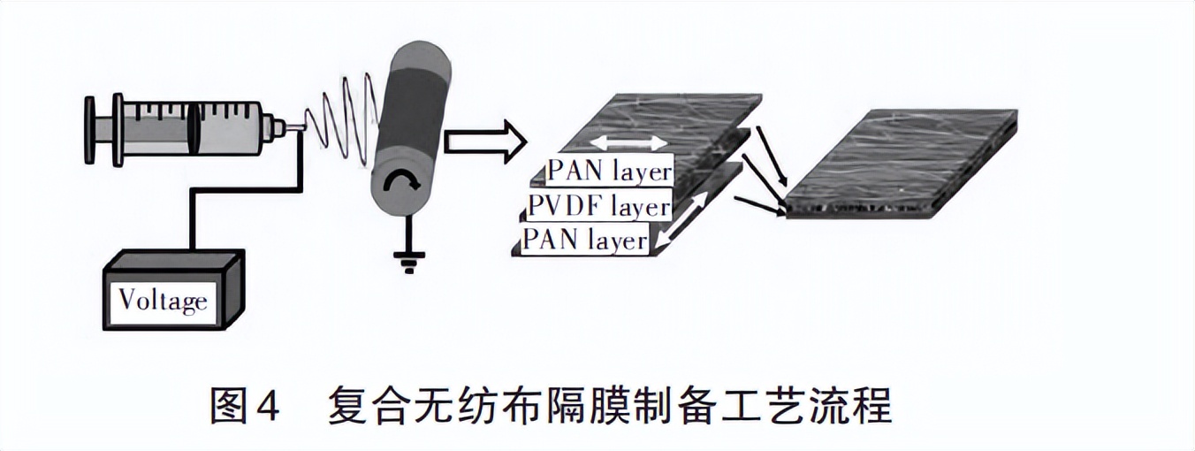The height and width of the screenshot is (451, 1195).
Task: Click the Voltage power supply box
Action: click(x=171, y=292)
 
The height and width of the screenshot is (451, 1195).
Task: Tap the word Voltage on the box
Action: click(x=164, y=301)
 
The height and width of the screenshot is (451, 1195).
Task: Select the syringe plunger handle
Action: click(x=90, y=130)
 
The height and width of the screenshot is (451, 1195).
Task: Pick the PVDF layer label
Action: click(x=597, y=206)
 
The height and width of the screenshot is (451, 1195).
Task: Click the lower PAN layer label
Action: click(x=585, y=239)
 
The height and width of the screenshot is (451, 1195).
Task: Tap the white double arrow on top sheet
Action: click(x=628, y=141)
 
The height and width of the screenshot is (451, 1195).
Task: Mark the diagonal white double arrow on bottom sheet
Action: click(x=686, y=222)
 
